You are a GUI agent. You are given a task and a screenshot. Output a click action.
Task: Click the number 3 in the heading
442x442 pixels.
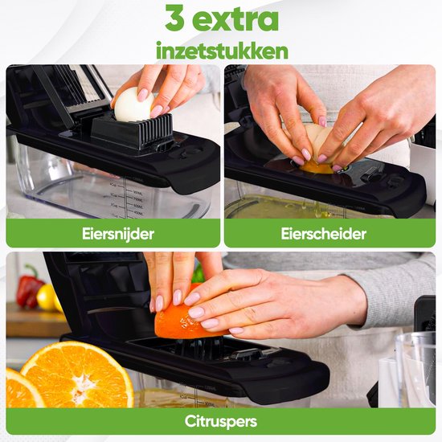(173, 18)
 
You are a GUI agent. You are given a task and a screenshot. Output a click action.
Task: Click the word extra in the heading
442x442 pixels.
(235, 18)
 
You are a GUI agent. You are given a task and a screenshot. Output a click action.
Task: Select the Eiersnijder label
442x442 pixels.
(113, 233)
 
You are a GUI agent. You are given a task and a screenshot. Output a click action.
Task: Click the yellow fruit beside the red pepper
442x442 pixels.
(47, 298)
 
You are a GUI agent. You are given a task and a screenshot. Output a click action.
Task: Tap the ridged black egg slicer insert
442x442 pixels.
(133, 132)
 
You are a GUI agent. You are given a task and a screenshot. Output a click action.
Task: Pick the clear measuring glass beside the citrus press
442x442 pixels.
(415, 370)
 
